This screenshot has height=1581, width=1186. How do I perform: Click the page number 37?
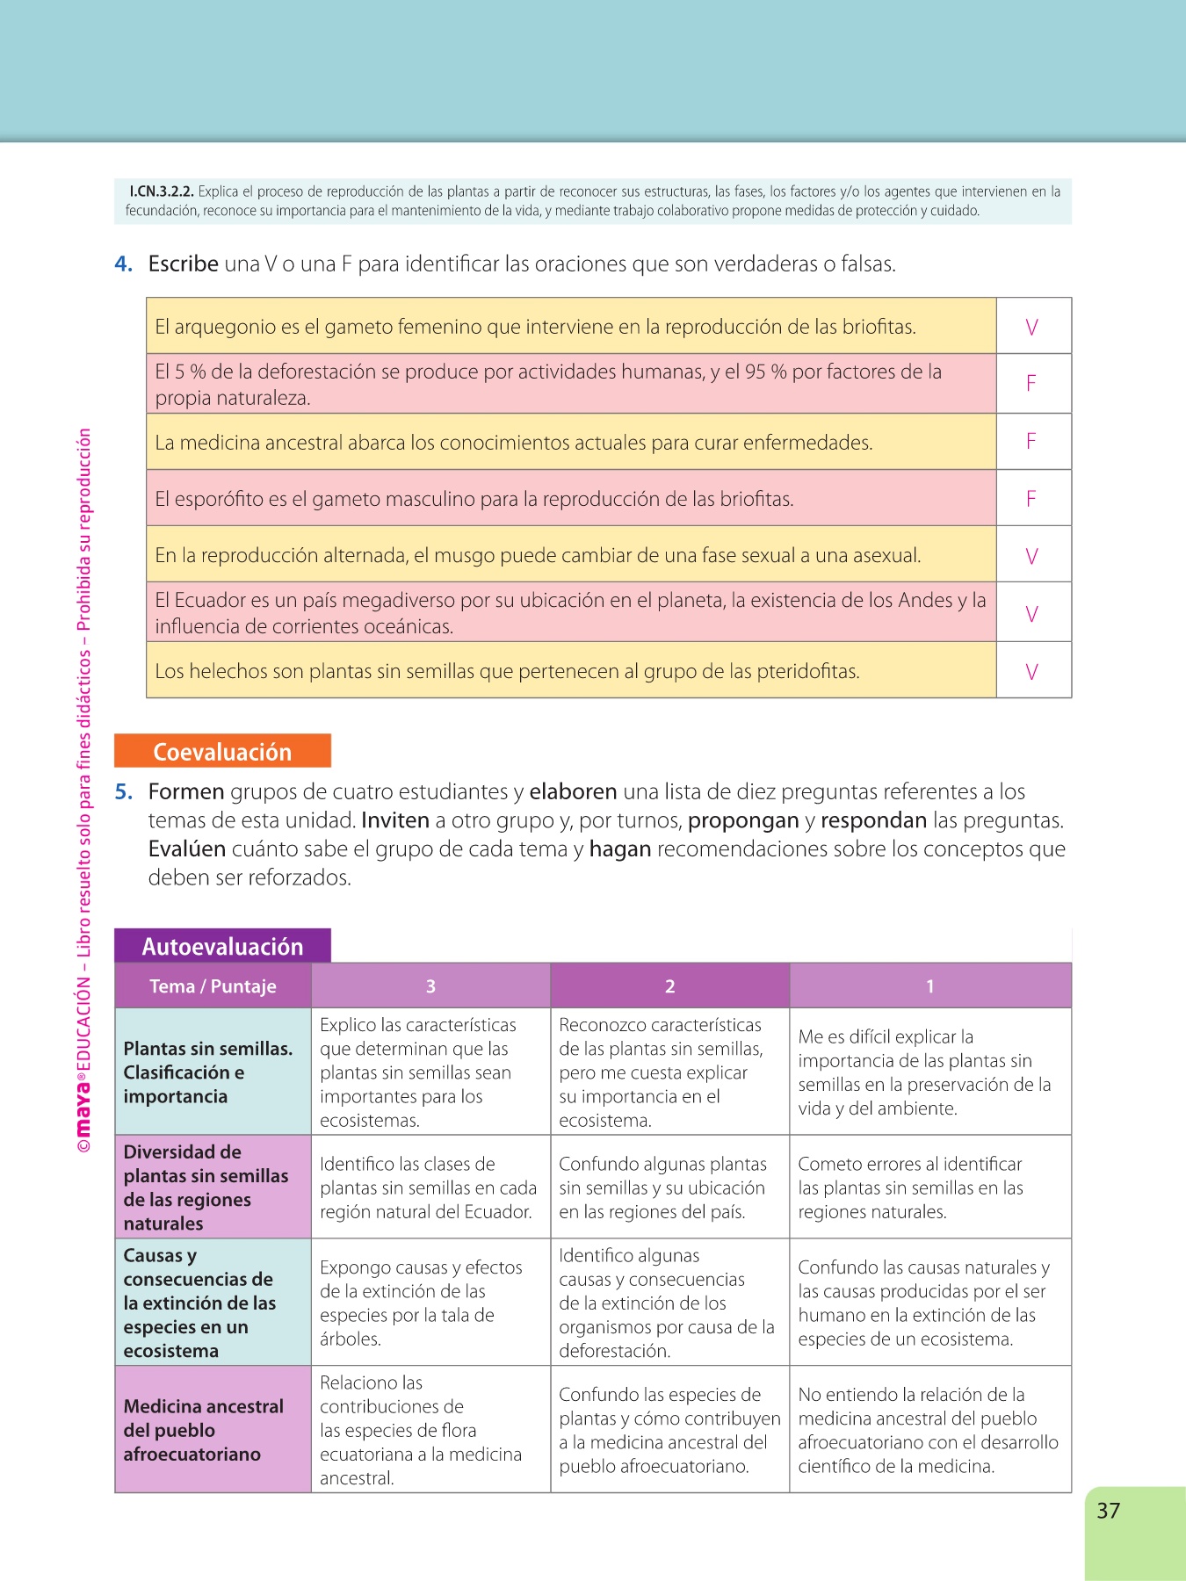pos(1108,1511)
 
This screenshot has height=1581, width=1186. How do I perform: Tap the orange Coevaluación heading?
pos(222,752)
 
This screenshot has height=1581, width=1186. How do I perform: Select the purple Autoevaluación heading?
pos(222,946)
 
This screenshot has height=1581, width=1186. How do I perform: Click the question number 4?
pos(123,264)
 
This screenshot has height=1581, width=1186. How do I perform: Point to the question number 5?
pos(124,792)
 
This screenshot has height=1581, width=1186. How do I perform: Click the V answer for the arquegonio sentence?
pos(1032,328)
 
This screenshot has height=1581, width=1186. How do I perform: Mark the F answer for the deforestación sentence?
pos(1031,383)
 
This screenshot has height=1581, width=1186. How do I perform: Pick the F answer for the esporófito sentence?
pos(1031,499)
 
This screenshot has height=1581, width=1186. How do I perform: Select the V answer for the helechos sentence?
pos(1032,672)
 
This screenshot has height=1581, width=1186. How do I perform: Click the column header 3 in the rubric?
pos(430,986)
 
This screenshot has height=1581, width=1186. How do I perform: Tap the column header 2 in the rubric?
pos(669,986)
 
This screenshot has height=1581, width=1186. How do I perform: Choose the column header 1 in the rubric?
pos(930,986)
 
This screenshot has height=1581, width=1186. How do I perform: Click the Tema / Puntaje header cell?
pos(213,986)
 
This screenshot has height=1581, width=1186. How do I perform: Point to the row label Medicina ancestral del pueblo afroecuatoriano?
pos(204,1430)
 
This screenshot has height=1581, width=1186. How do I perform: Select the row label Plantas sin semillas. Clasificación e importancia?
pos(208,1072)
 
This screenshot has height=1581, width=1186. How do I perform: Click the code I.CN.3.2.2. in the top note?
pos(162,191)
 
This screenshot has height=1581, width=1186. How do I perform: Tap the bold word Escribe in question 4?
pos(183,264)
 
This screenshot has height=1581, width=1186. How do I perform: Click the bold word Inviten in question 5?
pos(395,821)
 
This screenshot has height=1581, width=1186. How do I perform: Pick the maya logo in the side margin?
pos(83,1110)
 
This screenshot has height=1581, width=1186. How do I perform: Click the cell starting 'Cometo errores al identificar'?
pos(911,1188)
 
